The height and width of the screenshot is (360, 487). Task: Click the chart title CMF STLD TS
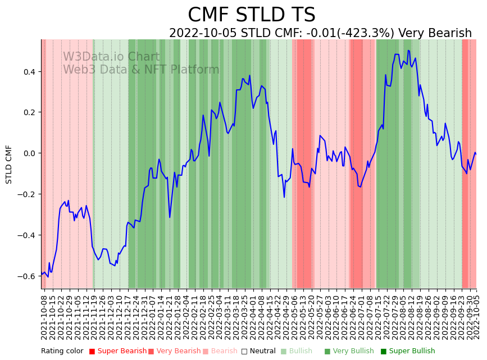[251, 15]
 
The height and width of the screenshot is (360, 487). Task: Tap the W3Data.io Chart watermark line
[111, 57]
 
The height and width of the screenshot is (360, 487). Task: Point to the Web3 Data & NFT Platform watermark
[141, 70]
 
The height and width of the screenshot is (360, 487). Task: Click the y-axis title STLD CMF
[9, 164]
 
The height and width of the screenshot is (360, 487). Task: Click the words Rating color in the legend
[62, 351]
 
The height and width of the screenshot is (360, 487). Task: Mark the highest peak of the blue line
[408, 51]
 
